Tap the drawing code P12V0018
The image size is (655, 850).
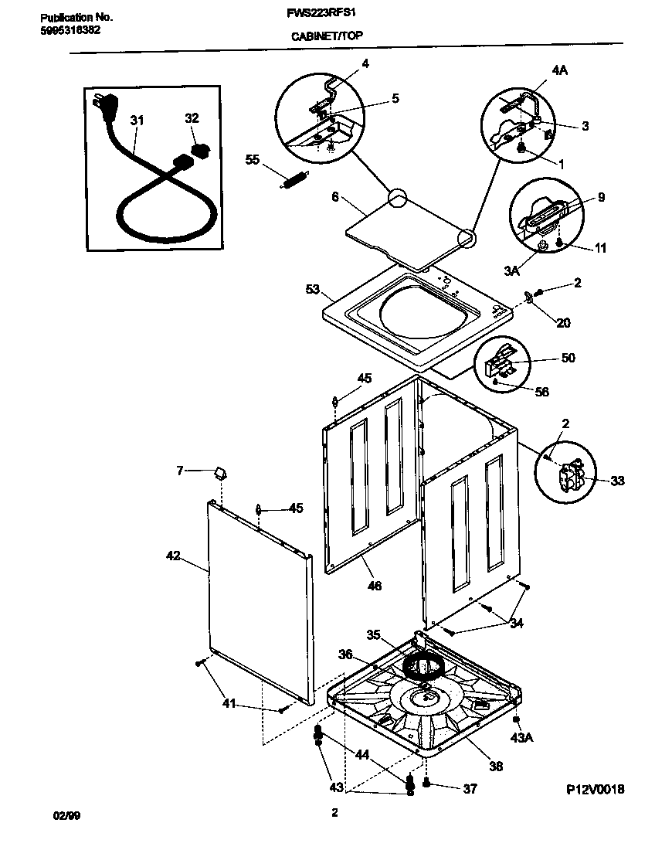(x=595, y=789)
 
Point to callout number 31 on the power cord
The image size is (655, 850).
(x=137, y=121)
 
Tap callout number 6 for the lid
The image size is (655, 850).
(x=334, y=198)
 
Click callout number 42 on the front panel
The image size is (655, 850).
(x=173, y=555)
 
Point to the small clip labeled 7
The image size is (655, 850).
(x=220, y=471)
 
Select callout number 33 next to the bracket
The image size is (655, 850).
(x=616, y=481)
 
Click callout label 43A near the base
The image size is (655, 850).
(x=523, y=738)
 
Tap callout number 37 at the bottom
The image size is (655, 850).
(x=469, y=789)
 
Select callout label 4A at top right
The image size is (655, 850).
(x=559, y=70)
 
